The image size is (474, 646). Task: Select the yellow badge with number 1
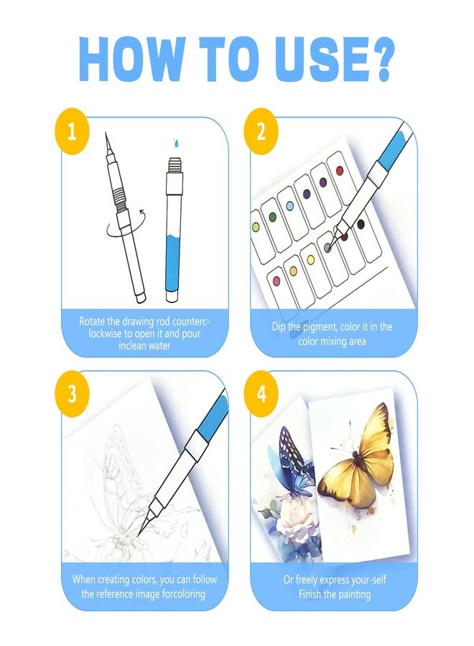coord(72,131)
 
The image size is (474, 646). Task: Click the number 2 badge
coord(261,131)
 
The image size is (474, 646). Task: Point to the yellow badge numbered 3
coord(72,393)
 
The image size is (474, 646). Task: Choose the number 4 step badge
coord(261,393)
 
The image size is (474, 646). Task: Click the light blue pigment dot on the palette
coord(289,206)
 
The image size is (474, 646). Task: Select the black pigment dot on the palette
coord(361,225)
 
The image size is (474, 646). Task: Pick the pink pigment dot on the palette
coord(276,281)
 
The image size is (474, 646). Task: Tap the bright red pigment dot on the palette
coord(340,170)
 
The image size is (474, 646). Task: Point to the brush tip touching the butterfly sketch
coord(139,534)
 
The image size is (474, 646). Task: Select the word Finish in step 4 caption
coord(310,594)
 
